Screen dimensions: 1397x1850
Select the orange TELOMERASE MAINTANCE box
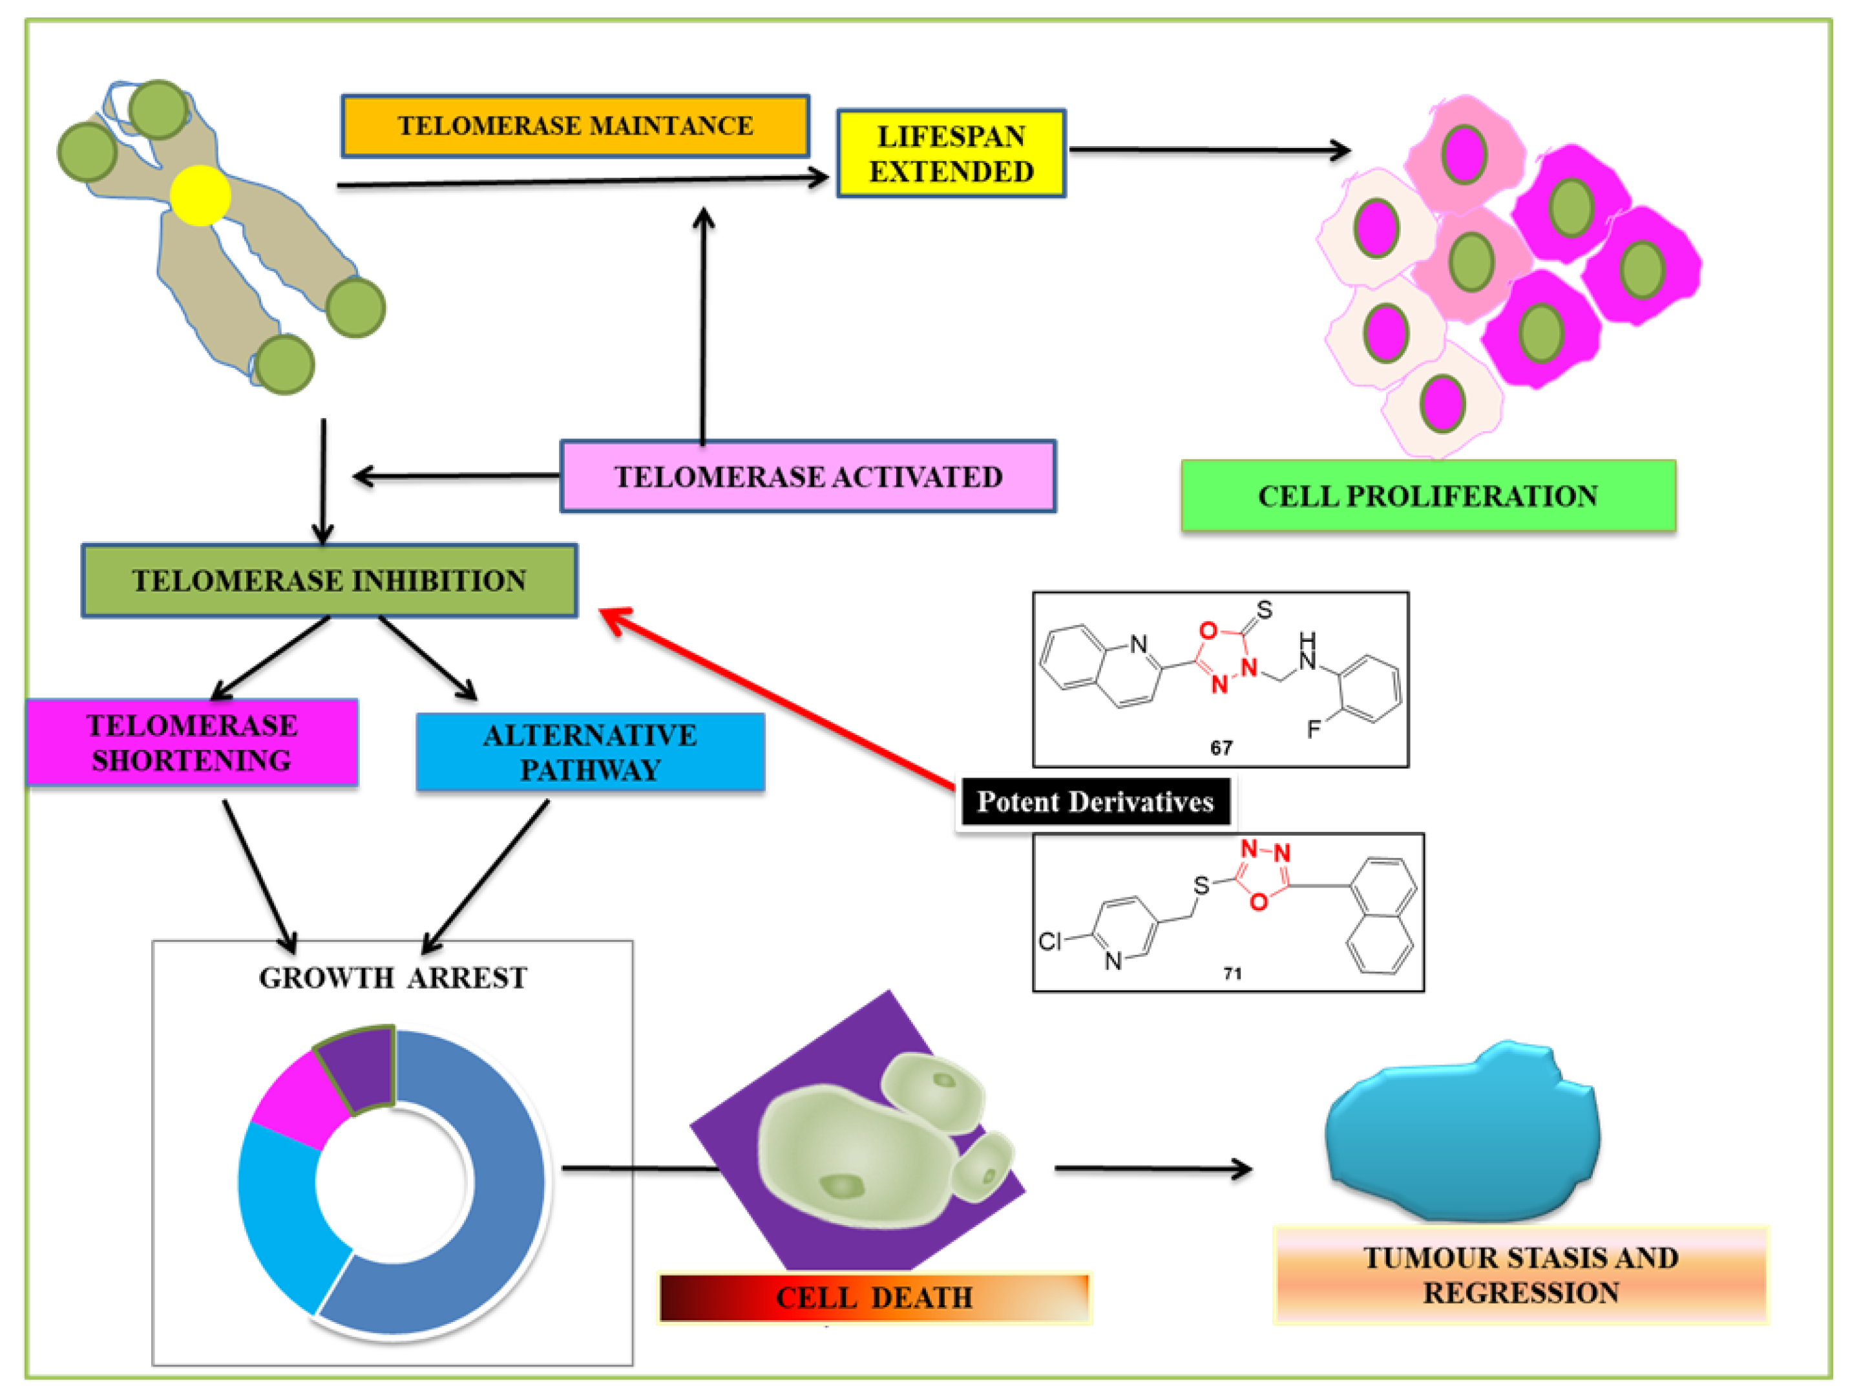[575, 125]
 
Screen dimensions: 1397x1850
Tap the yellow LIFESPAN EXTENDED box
[951, 153]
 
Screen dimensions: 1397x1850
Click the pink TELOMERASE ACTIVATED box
[808, 476]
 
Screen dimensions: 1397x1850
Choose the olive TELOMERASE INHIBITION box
[330, 581]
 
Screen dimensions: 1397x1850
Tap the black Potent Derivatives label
[1095, 802]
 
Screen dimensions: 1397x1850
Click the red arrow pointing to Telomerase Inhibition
[778, 698]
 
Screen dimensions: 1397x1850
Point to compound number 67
[1221, 747]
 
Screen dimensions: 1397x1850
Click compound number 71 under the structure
[1232, 973]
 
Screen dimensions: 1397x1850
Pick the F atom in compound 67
[1313, 729]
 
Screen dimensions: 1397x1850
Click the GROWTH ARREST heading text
[392, 977]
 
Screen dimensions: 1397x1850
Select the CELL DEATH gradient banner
[874, 1297]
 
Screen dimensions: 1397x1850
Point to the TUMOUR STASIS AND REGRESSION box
[1520, 1275]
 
